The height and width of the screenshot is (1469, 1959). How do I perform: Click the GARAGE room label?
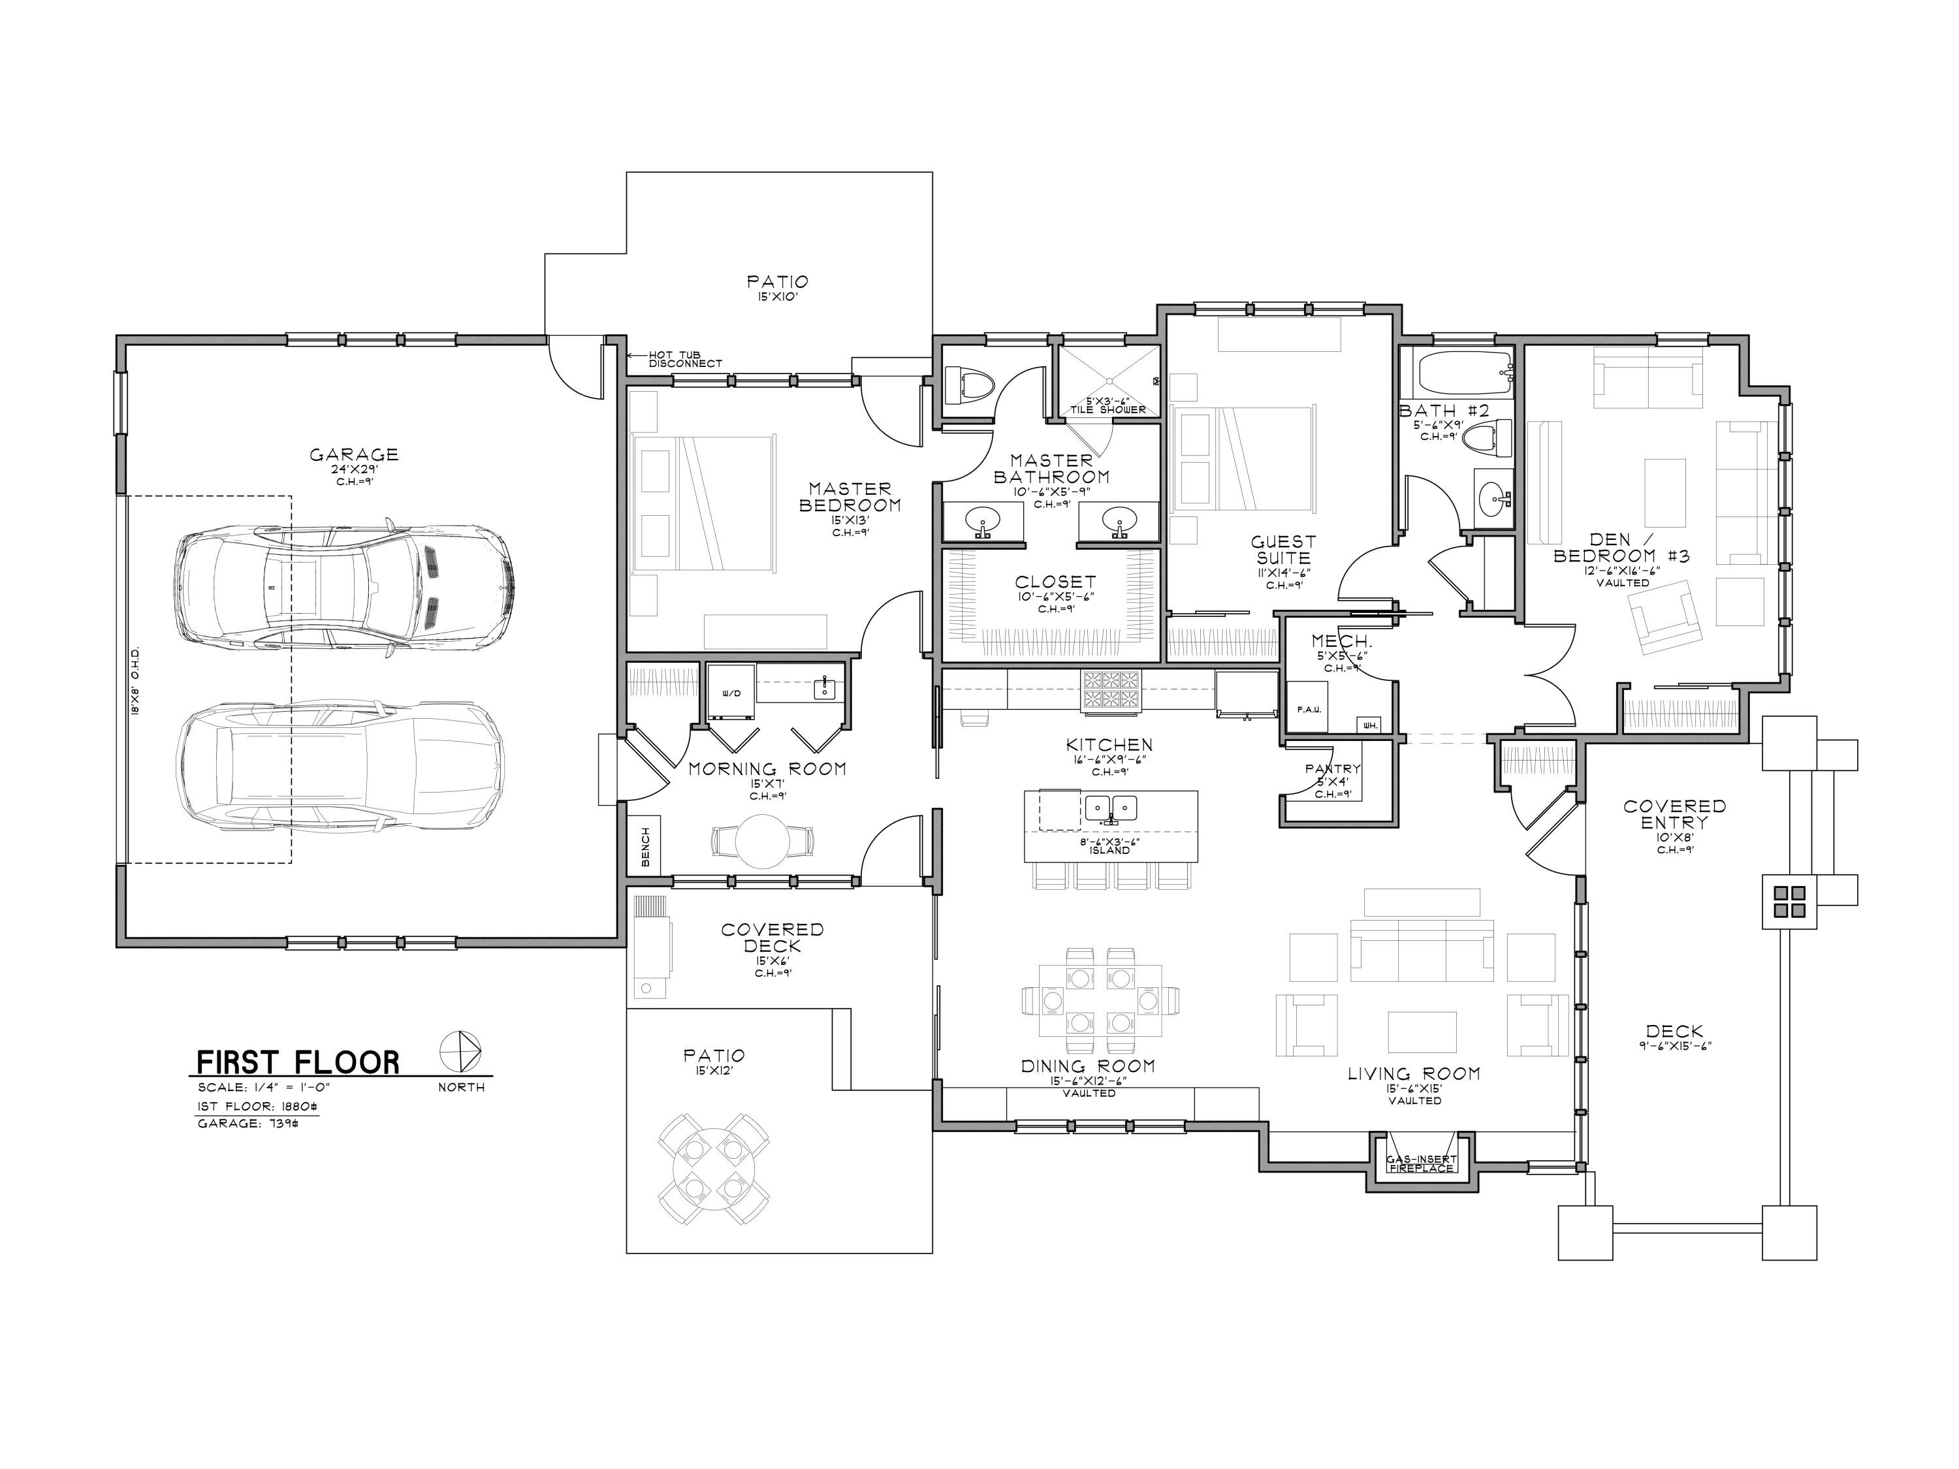[x=353, y=455]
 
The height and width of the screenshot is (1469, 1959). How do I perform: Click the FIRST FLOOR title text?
[x=298, y=1062]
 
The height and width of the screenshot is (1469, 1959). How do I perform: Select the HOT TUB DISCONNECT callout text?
[x=684, y=358]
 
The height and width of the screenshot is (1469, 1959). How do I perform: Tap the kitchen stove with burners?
[x=1111, y=691]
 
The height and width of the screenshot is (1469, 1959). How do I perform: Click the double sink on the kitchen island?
[x=1111, y=808]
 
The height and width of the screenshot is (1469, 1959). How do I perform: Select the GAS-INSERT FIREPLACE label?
[x=1420, y=1163]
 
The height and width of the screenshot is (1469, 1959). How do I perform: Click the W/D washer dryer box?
[x=731, y=693]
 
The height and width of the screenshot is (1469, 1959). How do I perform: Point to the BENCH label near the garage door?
[x=645, y=847]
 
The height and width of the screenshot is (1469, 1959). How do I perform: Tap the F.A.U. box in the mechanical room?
[x=1307, y=708]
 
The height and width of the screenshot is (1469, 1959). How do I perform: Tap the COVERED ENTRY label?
[x=1674, y=813]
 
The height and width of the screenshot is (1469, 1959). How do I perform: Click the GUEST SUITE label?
[x=1283, y=549]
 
